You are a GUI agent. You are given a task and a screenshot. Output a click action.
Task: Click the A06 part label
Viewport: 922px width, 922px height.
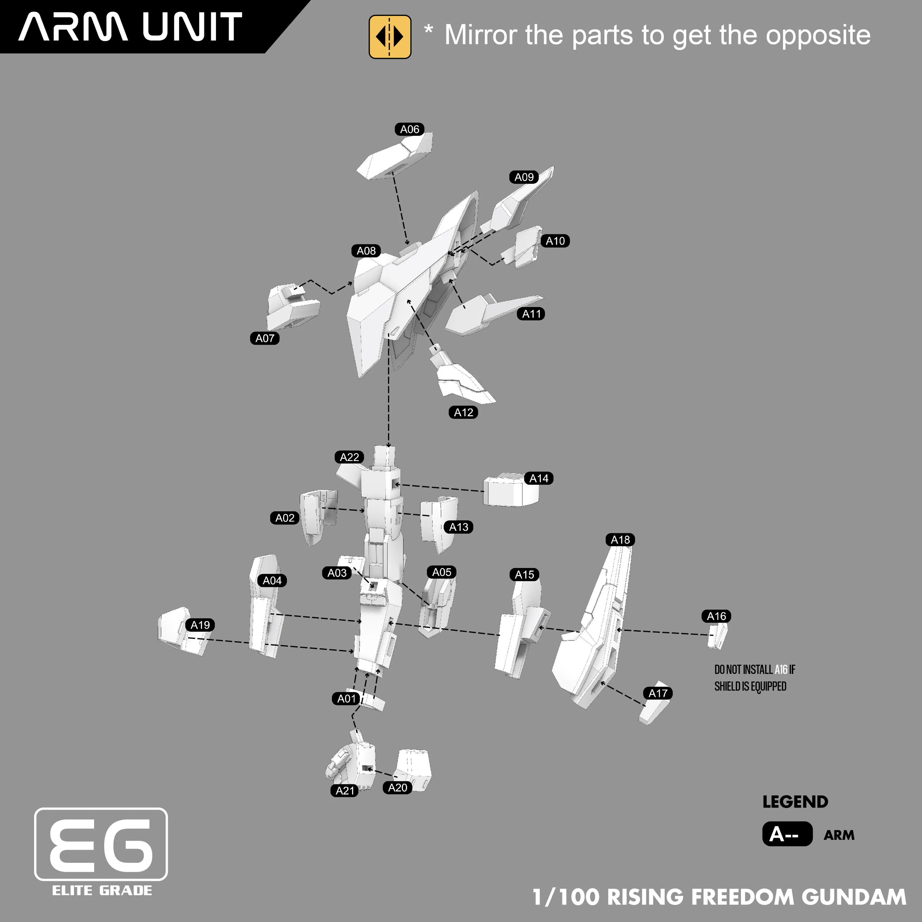tap(409, 129)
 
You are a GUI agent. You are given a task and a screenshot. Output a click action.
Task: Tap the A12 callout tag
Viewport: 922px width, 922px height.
tap(463, 412)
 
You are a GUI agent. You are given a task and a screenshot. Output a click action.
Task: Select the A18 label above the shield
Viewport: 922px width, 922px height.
tap(621, 540)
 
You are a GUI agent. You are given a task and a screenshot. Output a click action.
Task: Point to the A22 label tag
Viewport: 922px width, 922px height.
tap(349, 457)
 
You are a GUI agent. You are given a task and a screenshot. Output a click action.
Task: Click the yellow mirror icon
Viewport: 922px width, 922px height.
tap(390, 37)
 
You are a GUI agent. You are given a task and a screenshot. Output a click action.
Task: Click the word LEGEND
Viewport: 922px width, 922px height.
tap(795, 802)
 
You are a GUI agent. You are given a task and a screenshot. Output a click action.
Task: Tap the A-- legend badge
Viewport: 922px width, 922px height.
tap(787, 834)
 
